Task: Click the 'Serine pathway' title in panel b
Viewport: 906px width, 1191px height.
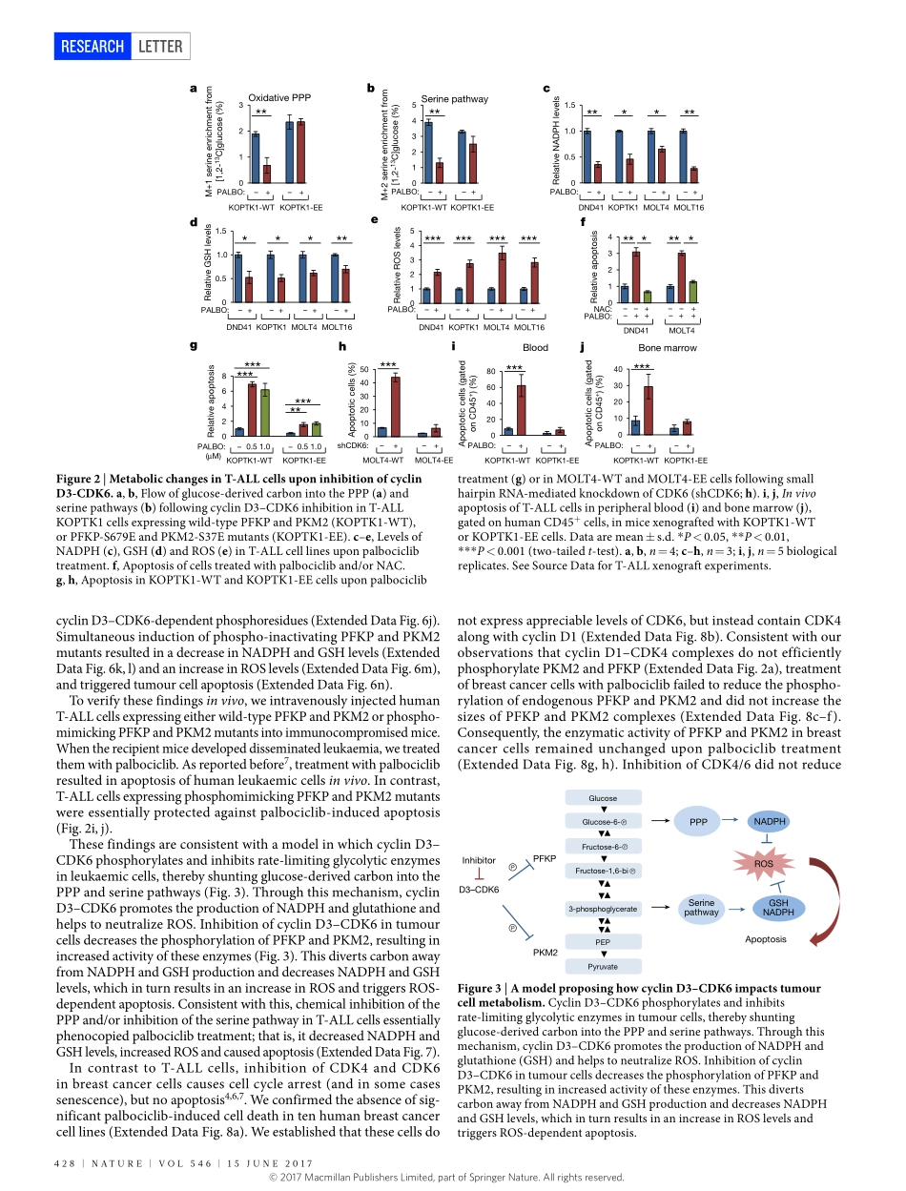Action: click(x=454, y=98)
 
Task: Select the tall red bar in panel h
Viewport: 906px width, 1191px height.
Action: click(x=395, y=406)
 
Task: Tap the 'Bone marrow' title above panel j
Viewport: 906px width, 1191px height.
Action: click(x=668, y=348)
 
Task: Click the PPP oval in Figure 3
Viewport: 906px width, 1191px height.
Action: click(x=697, y=820)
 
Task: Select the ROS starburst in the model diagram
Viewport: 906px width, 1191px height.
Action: click(x=763, y=864)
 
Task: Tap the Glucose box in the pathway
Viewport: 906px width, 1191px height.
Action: click(x=603, y=798)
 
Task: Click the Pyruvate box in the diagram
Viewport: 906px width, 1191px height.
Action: click(x=603, y=967)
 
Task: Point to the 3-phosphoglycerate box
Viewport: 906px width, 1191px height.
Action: click(x=603, y=908)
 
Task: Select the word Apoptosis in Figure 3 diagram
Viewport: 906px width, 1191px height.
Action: click(x=766, y=939)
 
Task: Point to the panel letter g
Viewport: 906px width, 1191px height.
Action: click(x=194, y=348)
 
